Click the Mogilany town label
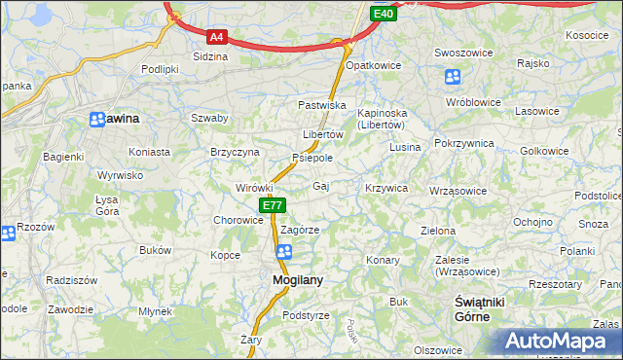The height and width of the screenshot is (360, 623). pyautogui.click(x=290, y=280)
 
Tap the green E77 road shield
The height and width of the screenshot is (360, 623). pyautogui.click(x=273, y=205)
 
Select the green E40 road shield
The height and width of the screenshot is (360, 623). pyautogui.click(x=383, y=14)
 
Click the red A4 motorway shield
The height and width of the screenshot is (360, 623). pyautogui.click(x=216, y=37)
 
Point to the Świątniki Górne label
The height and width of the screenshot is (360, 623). pyautogui.click(x=479, y=309)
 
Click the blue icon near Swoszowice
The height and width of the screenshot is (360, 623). pyautogui.click(x=453, y=77)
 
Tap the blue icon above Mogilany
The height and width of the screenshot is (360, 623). pyautogui.click(x=283, y=252)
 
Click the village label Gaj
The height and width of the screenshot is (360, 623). pyautogui.click(x=321, y=186)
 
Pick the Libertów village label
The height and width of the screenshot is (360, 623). pyautogui.click(x=323, y=134)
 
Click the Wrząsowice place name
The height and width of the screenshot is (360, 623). pyautogui.click(x=458, y=191)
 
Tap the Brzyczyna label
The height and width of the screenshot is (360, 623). pyautogui.click(x=235, y=152)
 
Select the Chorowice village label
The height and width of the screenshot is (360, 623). pyautogui.click(x=238, y=220)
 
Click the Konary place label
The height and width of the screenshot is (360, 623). pyautogui.click(x=383, y=261)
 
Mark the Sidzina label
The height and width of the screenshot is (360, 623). pyautogui.click(x=210, y=56)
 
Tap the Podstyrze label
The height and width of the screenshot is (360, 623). pyautogui.click(x=306, y=315)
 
